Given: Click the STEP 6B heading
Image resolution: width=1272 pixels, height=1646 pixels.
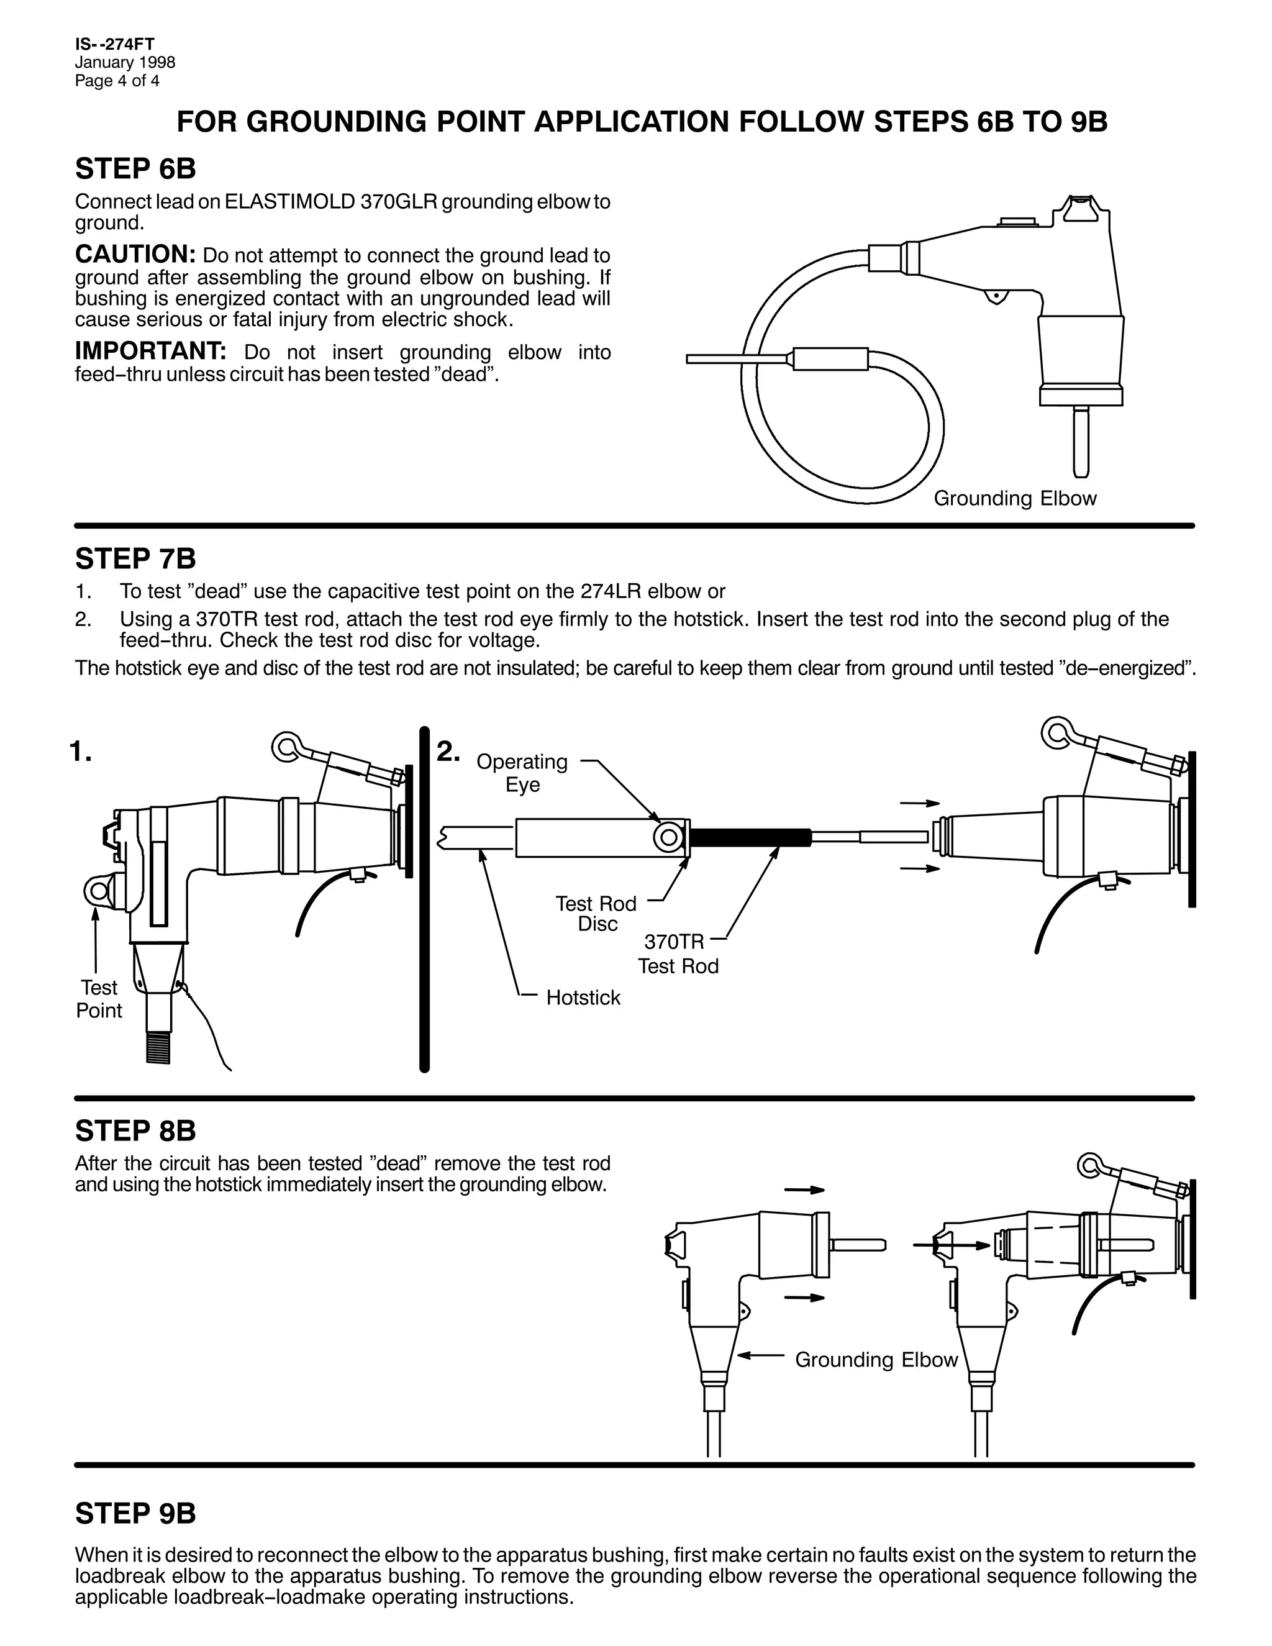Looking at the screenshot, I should [x=135, y=169].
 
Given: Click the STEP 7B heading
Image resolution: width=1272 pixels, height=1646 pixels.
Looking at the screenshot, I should [x=135, y=558].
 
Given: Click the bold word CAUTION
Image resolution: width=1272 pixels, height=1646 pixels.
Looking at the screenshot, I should [x=135, y=254].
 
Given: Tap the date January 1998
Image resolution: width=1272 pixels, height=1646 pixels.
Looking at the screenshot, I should [x=125, y=63].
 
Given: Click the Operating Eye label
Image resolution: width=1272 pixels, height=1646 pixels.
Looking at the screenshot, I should [x=522, y=773].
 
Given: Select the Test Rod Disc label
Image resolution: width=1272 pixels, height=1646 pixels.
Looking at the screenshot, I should [x=596, y=914].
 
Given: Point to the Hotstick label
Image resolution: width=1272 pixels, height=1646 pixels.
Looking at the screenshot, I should [x=583, y=998].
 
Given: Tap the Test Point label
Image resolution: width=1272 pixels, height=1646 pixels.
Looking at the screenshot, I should [x=99, y=999].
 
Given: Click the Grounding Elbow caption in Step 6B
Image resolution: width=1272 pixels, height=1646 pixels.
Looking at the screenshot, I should [x=1015, y=498].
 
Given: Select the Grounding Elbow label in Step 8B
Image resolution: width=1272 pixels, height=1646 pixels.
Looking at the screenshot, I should [x=876, y=1360].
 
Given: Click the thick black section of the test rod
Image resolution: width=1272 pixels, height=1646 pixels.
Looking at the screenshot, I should [x=750, y=837].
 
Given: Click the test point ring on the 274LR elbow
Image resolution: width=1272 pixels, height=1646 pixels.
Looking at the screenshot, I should [x=98, y=891].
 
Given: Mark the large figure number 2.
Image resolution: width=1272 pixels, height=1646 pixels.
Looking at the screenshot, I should [x=448, y=751].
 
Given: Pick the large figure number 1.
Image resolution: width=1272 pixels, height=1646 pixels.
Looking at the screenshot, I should [x=81, y=751].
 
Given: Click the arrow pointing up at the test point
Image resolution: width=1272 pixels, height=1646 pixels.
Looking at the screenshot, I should [x=96, y=939].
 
